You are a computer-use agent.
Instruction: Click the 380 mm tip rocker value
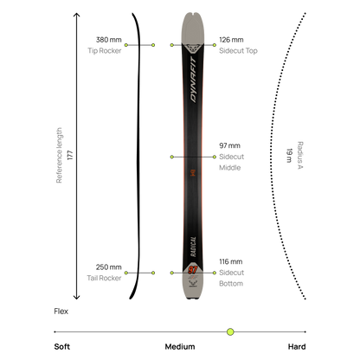[109, 40]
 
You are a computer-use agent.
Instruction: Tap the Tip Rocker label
[105, 51]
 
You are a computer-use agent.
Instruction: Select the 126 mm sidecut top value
[231, 40]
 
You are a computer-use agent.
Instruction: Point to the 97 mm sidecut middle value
[229, 145]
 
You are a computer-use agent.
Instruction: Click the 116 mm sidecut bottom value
[231, 261]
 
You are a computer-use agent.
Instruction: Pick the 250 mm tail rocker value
[109, 267]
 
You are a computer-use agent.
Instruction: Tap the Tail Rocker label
[104, 278]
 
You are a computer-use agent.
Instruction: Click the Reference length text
[59, 155]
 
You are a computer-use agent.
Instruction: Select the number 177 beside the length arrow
[70, 155]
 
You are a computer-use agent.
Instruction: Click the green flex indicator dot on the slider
[230, 331]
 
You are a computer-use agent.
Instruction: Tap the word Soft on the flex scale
[62, 347]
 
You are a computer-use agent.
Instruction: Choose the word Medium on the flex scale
[180, 347]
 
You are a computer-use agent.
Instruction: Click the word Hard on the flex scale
[297, 347]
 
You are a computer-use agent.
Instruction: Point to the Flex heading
[61, 312]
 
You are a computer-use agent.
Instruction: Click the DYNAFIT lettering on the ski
[193, 80]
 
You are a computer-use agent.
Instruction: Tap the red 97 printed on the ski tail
[193, 270]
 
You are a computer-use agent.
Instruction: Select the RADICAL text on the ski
[193, 247]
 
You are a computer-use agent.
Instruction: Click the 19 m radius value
[289, 156]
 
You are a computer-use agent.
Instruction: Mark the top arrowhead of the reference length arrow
[76, 14]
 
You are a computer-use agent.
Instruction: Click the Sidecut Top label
[238, 51]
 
